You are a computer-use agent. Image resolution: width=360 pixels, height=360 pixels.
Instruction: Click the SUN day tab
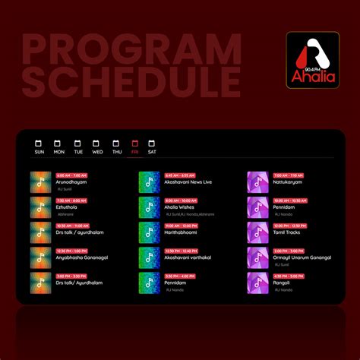pos(39,147)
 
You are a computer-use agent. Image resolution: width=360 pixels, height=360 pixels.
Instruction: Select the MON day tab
pos(58,147)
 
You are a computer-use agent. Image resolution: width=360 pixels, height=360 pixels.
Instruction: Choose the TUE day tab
pos(77,147)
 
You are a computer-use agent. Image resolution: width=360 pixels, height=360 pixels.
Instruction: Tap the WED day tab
pos(97,147)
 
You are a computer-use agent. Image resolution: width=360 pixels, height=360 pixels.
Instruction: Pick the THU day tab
pos(116,147)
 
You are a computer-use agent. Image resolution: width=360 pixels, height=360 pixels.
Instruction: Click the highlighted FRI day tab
pos(134,147)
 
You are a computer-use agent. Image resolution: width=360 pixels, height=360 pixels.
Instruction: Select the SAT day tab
pos(152,147)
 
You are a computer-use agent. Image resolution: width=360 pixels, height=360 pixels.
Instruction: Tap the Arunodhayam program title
pos(72,182)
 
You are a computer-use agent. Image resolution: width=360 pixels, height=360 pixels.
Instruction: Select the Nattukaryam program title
pos(287,182)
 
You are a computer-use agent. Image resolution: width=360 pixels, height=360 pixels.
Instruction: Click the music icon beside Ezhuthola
pos(41,207)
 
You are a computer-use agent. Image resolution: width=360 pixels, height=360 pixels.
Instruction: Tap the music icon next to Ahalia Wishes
pos(149,207)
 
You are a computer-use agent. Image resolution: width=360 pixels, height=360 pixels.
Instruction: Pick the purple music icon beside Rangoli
pos(257,283)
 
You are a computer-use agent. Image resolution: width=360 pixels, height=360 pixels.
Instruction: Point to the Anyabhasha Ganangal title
pos(82,257)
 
